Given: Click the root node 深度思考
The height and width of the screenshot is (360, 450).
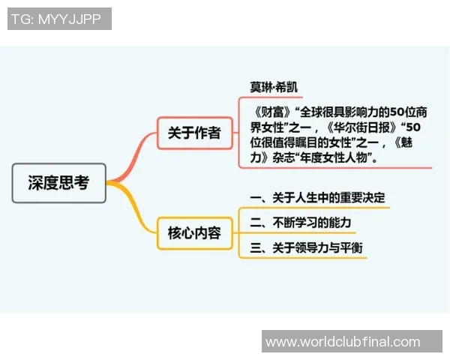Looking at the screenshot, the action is [x=59, y=182].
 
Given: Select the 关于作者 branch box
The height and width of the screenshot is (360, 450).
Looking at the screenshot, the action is [x=193, y=133].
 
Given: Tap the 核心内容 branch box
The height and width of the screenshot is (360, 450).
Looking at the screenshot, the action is [x=194, y=232].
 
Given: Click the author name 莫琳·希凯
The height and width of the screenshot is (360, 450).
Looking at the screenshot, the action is [x=273, y=87].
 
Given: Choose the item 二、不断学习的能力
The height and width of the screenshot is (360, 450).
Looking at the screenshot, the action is [x=300, y=223].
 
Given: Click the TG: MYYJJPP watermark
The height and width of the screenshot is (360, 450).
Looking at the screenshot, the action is [x=59, y=19].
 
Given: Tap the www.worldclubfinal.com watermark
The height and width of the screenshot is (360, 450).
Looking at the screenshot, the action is [x=343, y=341].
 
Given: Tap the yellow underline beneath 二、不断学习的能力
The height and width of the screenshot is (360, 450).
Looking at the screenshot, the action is [x=315, y=232].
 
